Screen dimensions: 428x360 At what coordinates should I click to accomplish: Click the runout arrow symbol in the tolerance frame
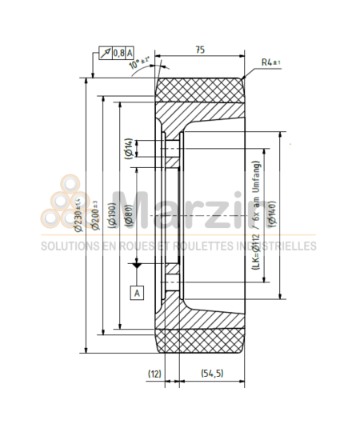[104, 53]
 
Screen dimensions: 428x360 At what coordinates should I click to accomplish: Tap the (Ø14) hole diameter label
[129, 149]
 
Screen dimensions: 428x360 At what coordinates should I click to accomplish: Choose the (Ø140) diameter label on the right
[273, 213]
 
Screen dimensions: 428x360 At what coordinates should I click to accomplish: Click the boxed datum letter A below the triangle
[137, 293]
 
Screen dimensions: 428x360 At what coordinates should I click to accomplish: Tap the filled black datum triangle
[137, 263]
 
